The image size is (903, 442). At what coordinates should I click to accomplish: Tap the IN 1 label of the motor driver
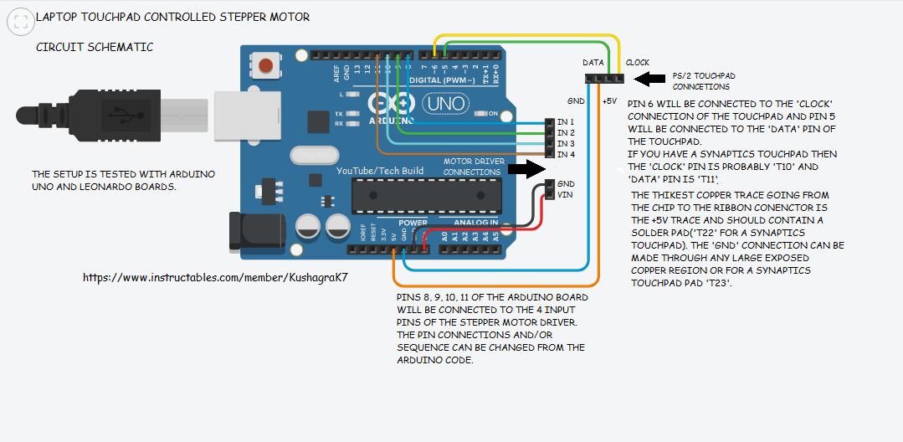pos(566,122)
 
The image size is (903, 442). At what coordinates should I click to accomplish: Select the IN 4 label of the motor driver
pos(566,155)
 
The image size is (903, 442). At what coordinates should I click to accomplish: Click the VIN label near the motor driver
pos(566,194)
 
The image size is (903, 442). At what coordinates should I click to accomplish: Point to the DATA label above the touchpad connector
pos(593,63)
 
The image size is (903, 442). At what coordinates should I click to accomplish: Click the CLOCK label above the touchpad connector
pos(638,63)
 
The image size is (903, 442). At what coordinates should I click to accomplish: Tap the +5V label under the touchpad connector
pos(609,100)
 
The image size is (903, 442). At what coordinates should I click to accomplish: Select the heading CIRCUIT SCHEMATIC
pos(95,48)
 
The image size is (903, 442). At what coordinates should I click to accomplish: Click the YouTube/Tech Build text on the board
pos(379,171)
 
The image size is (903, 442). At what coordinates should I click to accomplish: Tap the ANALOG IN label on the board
pos(476,222)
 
